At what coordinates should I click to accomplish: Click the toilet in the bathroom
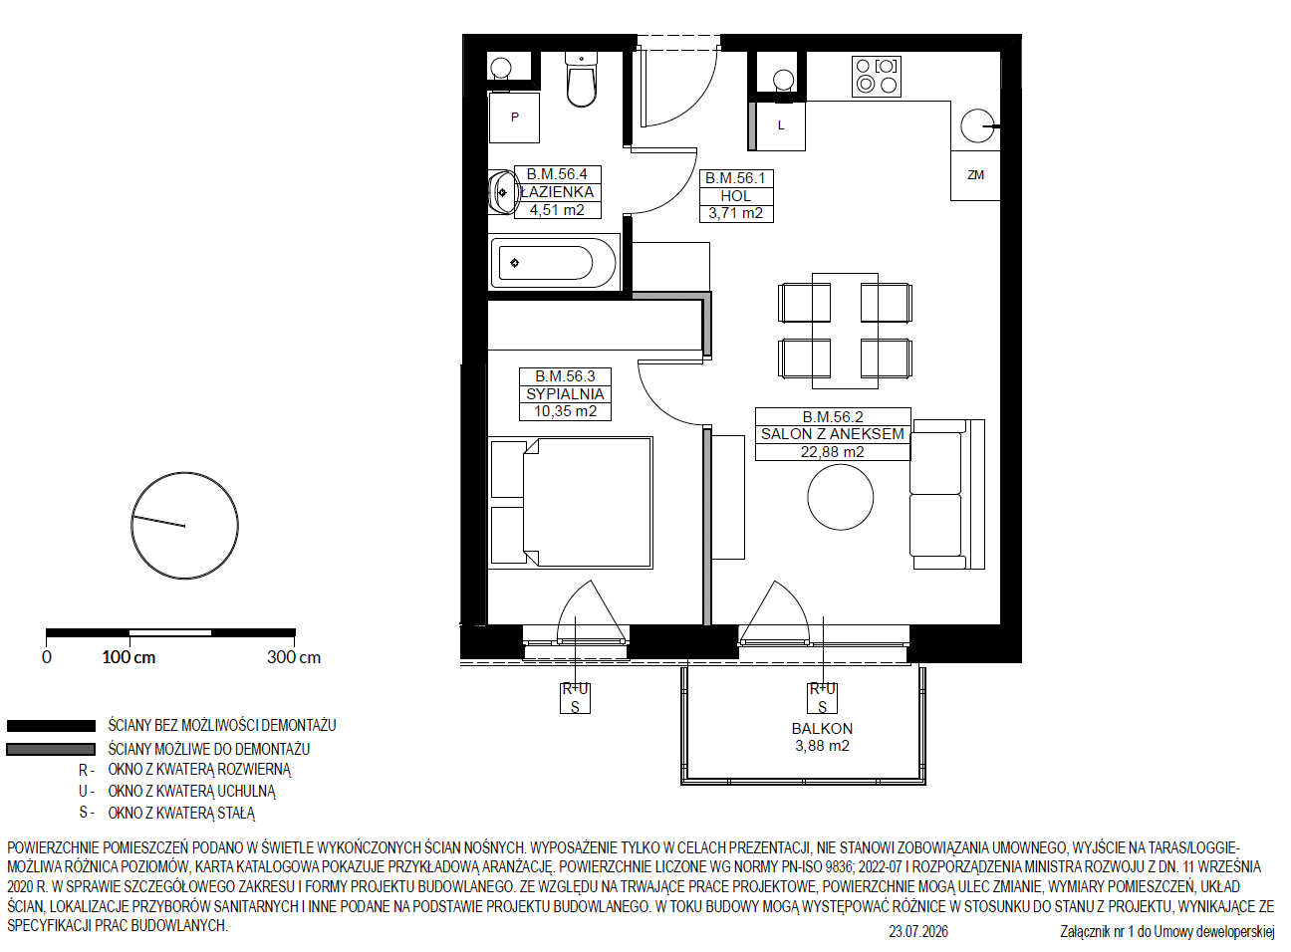(581, 80)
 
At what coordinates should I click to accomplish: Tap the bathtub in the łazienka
(554, 263)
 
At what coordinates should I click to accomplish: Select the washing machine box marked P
(514, 118)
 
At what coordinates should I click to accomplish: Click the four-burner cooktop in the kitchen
(876, 76)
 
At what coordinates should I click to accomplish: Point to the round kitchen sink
(977, 125)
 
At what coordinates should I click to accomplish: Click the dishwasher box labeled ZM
(975, 176)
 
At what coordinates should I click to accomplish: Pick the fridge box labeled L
(781, 125)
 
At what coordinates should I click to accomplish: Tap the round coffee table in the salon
(841, 497)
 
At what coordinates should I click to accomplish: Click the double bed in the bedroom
(571, 503)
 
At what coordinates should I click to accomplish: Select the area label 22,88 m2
(832, 452)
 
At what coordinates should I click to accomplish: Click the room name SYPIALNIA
(565, 394)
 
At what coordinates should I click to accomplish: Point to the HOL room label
(736, 196)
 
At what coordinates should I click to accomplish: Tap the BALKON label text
(822, 728)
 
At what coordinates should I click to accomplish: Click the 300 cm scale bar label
(294, 657)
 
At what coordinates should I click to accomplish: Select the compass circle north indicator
(184, 525)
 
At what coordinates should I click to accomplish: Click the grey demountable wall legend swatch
(51, 749)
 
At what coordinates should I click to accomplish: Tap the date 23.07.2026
(918, 932)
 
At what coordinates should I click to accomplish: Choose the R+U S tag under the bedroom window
(575, 698)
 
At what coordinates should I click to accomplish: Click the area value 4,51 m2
(557, 210)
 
